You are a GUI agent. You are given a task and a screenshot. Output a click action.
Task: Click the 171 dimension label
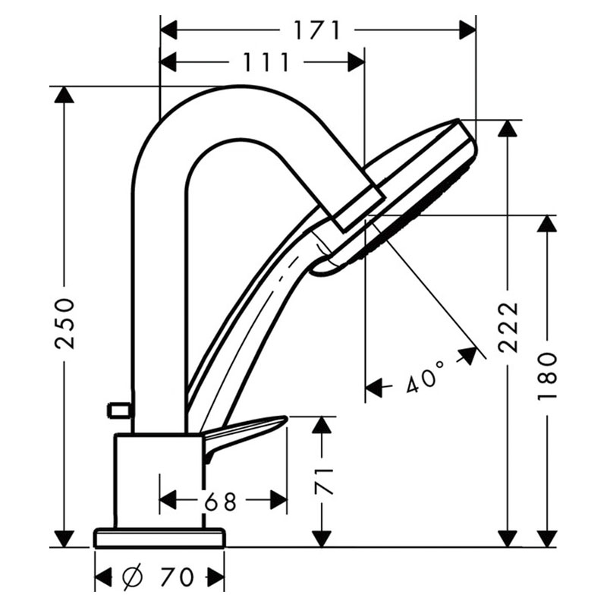pos(316,30)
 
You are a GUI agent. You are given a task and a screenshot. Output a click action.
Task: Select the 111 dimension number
pos(266,62)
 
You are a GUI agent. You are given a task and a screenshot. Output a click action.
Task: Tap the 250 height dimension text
pos(64,323)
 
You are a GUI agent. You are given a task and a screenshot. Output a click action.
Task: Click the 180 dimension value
pos(547,376)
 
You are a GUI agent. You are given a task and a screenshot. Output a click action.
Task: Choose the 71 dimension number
pos(323,482)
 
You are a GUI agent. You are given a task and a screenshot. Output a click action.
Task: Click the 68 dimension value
pos(220,502)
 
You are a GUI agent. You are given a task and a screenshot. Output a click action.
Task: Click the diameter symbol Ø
pos(132,577)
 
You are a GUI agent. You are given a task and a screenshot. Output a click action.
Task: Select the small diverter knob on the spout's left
pos(120,410)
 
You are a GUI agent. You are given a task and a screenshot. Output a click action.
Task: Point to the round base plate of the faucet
pos(159,537)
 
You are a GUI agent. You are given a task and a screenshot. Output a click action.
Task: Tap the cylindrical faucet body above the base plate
pos(159,481)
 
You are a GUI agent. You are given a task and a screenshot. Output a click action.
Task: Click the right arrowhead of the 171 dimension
pos(467,30)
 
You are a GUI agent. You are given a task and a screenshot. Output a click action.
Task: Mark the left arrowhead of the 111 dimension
pos(168,62)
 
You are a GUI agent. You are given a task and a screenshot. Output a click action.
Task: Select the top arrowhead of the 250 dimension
pos(64,95)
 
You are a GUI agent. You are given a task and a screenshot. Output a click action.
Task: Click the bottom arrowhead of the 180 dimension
pos(547,538)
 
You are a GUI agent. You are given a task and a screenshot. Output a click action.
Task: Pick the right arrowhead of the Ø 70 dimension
pos(216,577)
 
